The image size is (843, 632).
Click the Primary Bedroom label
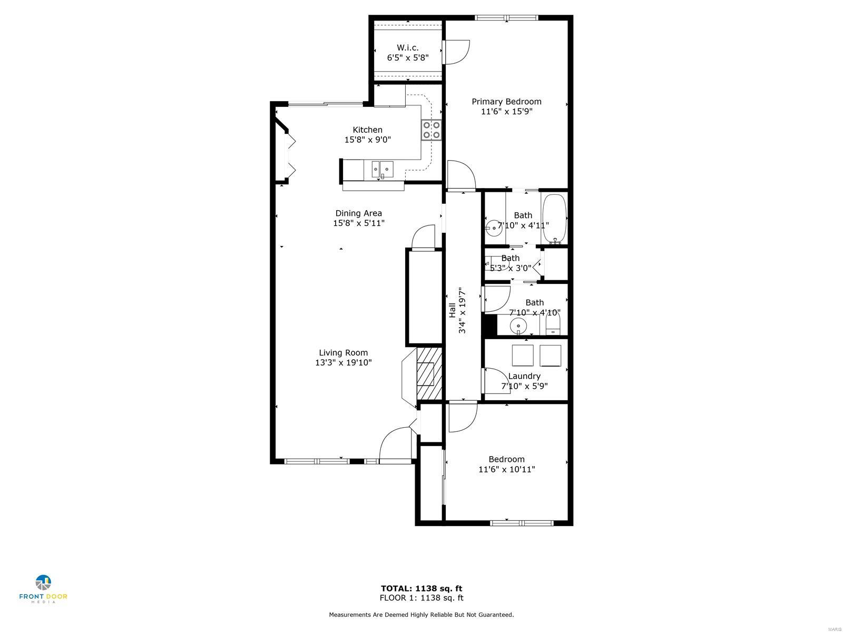pyautogui.click(x=506, y=102)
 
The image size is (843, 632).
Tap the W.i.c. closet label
pyautogui.click(x=407, y=48)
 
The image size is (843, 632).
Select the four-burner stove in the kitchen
pyautogui.click(x=432, y=130)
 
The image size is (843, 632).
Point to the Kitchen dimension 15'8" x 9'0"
pyautogui.click(x=368, y=140)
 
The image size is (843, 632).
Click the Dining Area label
pyautogui.click(x=359, y=213)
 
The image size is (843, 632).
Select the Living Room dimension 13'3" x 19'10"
pyautogui.click(x=344, y=363)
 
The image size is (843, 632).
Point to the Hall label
pyautogui.click(x=453, y=310)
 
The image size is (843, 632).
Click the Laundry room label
pyautogui.click(x=524, y=377)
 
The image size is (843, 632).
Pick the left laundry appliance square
pyautogui.click(x=523, y=355)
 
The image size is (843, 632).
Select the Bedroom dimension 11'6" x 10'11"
pyautogui.click(x=506, y=469)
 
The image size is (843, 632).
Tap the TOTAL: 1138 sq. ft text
pyautogui.click(x=421, y=589)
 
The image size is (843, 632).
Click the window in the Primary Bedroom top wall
pyautogui.click(x=506, y=18)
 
